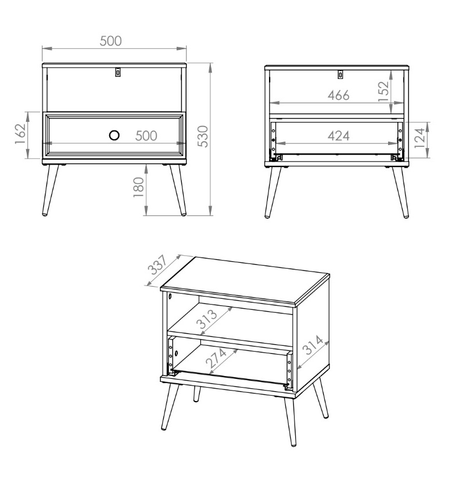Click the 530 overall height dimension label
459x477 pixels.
tap(203, 136)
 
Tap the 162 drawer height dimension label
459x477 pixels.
tap(20, 134)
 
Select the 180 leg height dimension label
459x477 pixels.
tap(139, 187)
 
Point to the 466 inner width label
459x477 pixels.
tap(338, 96)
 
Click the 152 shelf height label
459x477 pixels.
tap(383, 91)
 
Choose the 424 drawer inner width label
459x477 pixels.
tap(338, 136)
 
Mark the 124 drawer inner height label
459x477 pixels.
tap(419, 138)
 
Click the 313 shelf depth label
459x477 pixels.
tap(207, 319)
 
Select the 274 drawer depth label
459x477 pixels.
tap(217, 357)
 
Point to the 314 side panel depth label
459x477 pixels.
tap(313, 345)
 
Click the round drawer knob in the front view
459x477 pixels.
tap(114, 135)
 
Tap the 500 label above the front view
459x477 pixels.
tap(110, 41)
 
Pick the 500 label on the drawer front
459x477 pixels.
tap(146, 136)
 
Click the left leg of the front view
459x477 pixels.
tap(50, 190)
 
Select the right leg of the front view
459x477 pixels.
tap(178, 190)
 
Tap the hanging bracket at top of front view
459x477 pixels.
tap(118, 72)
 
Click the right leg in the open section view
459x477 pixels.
tap(400, 193)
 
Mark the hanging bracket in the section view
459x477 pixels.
tap(340, 74)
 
